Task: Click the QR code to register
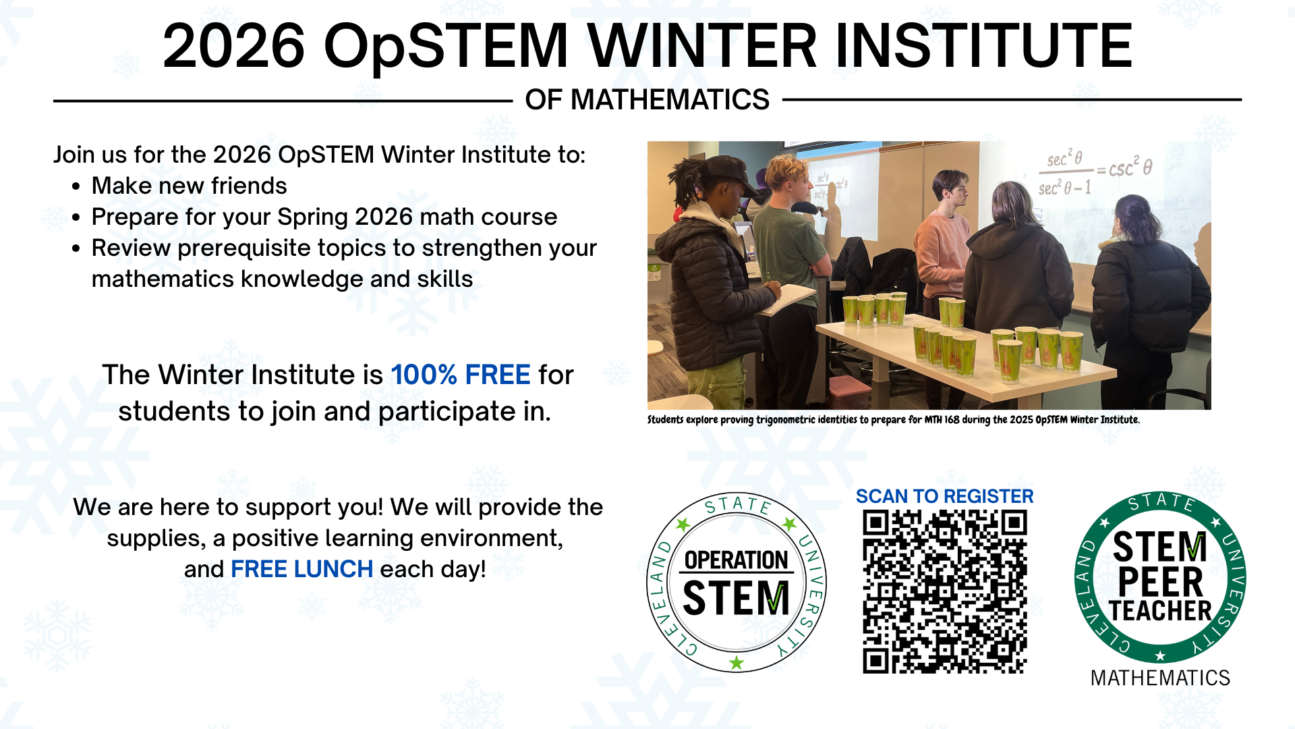pos(944,591)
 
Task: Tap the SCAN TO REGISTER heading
pos(944,496)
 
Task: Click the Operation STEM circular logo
pos(736,582)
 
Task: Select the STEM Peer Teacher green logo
pos(1159,578)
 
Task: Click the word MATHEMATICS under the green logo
pos(1159,678)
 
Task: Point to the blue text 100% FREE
pos(461,375)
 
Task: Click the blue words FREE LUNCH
pos(301,569)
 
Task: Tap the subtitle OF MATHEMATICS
pos(647,100)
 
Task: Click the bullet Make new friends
pos(189,186)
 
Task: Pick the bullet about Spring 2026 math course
pos(324,217)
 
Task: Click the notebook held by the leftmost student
pos(789,299)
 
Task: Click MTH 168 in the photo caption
pos(942,419)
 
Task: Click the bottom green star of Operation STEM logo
pos(737,663)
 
